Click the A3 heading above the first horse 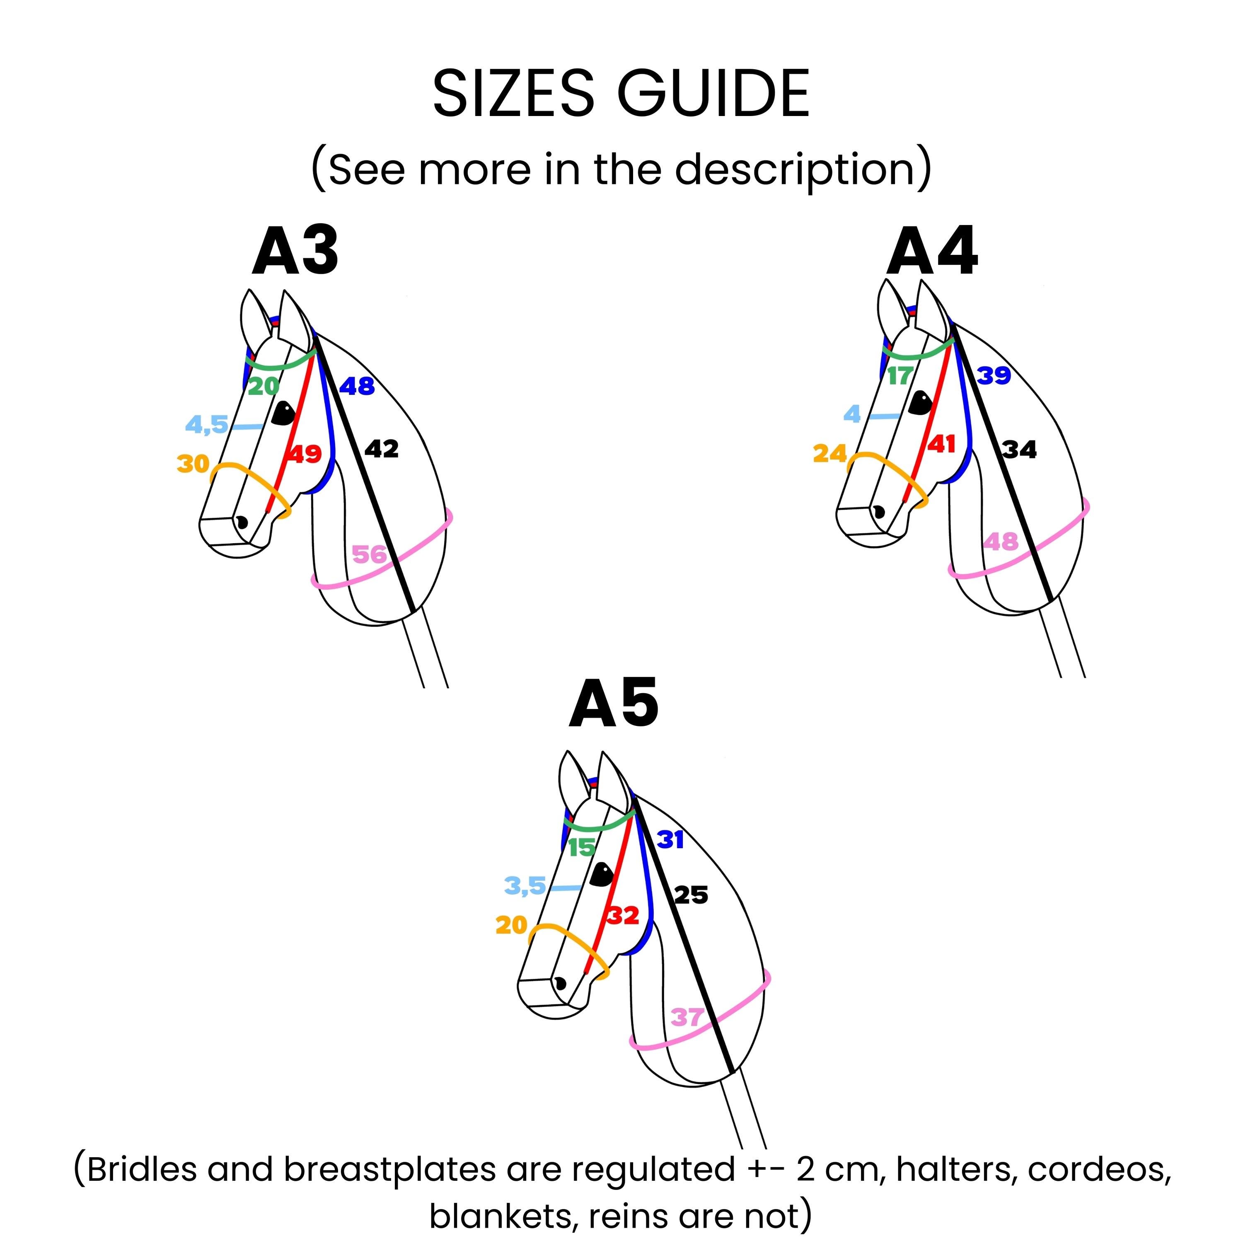pyautogui.click(x=295, y=251)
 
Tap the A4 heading pyautogui.click(x=932, y=251)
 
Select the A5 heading pyautogui.click(x=614, y=703)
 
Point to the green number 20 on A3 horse pyautogui.click(x=264, y=386)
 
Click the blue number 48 pyautogui.click(x=357, y=386)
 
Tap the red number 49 pyautogui.click(x=304, y=454)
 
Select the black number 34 pyautogui.click(x=1020, y=450)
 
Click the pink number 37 pyautogui.click(x=687, y=1017)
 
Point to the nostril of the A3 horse pyautogui.click(x=242, y=522)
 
